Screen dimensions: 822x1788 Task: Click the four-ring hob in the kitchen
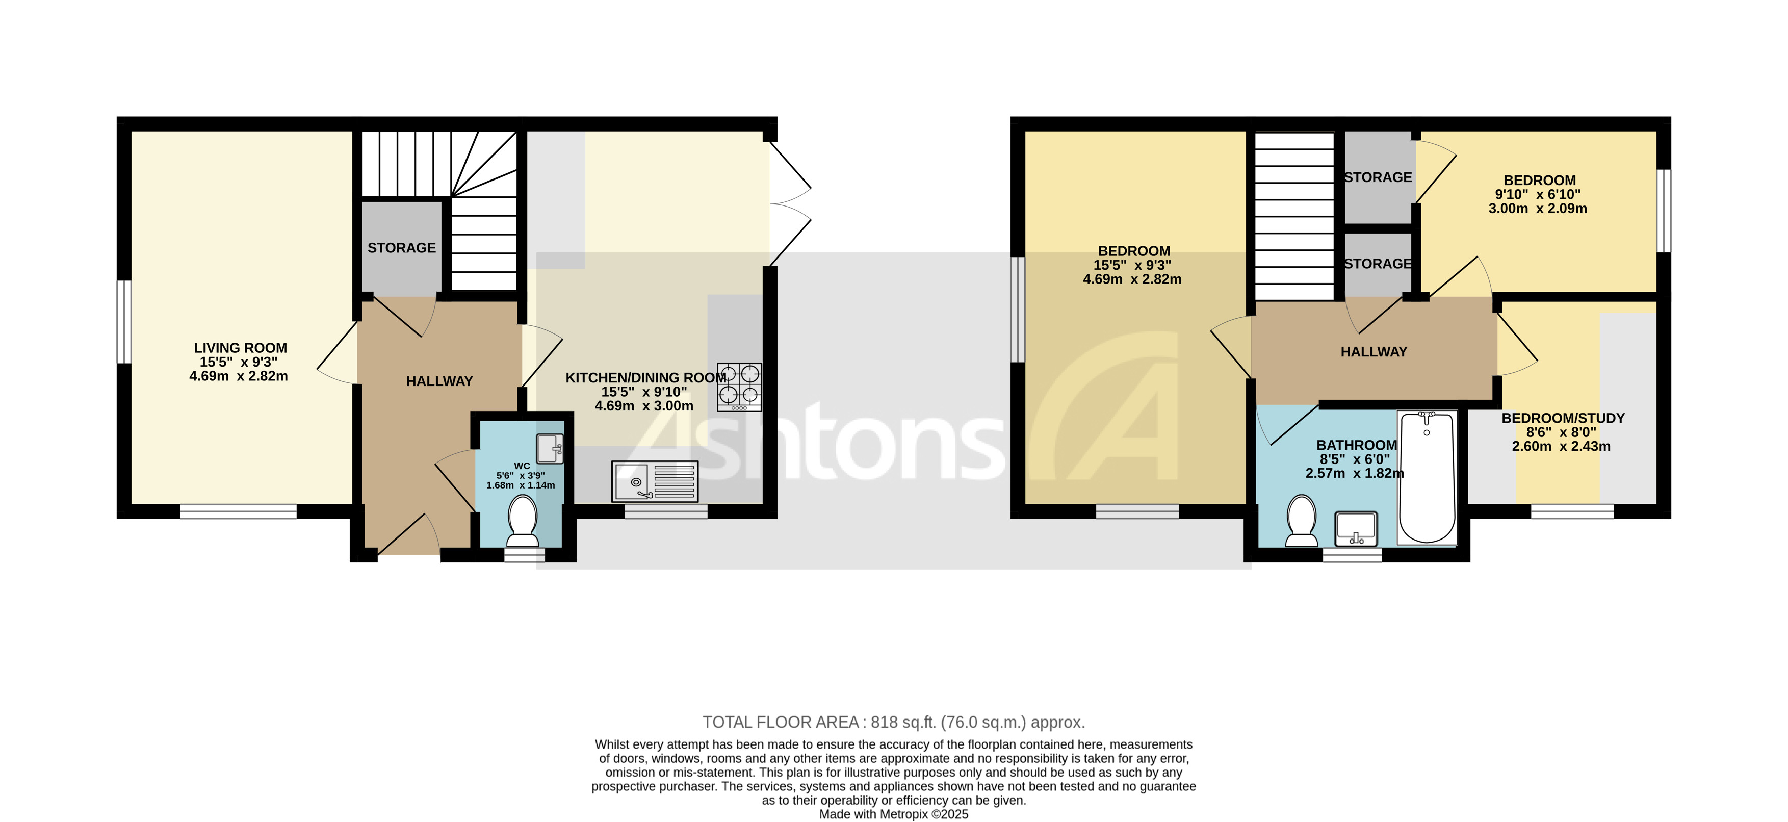point(739,387)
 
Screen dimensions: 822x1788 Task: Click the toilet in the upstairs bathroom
point(1302,521)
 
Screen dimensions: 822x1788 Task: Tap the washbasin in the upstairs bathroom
point(1356,529)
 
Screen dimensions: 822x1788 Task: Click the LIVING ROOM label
point(240,348)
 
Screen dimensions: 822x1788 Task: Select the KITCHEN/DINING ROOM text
point(645,378)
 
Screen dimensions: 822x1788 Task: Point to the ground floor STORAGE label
point(401,248)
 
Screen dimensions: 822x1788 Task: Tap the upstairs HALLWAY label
point(1373,352)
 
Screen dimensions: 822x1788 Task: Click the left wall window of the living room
point(123,321)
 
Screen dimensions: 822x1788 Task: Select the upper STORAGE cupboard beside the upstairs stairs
point(1378,177)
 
